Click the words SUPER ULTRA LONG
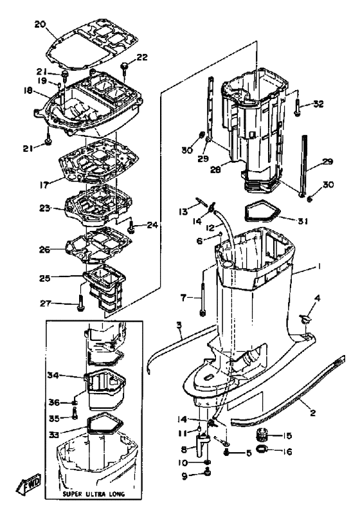coord(94,494)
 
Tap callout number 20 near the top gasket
coord(40,24)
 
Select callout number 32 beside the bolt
coord(318,104)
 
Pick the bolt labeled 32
coord(297,107)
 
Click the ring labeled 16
coord(262,449)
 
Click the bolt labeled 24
coord(131,227)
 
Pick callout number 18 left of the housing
coord(28,91)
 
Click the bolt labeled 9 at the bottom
coord(207,473)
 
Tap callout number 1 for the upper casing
coord(319,266)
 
